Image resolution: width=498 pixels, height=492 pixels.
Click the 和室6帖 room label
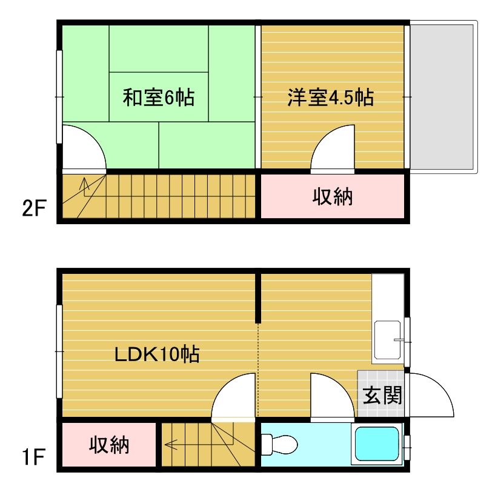(159, 97)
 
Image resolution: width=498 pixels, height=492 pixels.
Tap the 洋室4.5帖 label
(330, 97)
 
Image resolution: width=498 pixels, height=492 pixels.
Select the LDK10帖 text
(157, 354)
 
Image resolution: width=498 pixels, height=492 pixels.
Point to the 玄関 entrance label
(382, 395)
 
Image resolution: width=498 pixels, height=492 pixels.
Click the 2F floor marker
(35, 208)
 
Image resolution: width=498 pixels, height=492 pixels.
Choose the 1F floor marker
(33, 456)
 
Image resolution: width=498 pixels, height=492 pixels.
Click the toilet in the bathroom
(279, 444)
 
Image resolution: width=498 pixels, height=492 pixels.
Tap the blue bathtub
(377, 444)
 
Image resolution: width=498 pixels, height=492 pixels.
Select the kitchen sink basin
(388, 340)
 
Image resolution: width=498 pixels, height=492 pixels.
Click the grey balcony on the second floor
(443, 97)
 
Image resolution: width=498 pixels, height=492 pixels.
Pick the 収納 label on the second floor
(332, 196)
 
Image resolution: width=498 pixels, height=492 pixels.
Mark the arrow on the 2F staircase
(84, 187)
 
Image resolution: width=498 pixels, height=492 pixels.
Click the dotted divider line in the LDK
(258, 370)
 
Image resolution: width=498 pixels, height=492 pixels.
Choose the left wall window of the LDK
(59, 351)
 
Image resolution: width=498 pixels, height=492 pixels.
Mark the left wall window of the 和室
(59, 97)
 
